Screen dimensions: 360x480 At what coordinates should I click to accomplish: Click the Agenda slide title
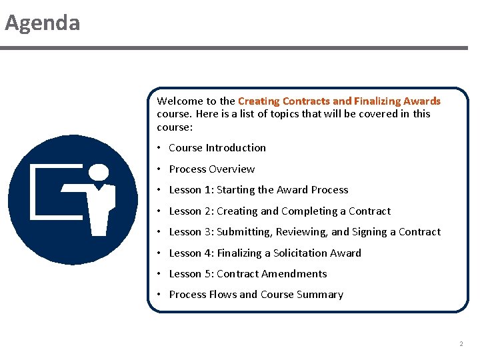click(42, 23)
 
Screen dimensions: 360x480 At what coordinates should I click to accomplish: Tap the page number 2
click(461, 344)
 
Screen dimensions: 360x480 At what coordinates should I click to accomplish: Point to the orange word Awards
click(421, 101)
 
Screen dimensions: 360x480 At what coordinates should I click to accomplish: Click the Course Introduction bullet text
click(217, 148)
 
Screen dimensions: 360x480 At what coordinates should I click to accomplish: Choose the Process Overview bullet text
click(211, 169)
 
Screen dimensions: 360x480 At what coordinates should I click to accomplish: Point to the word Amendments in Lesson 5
click(295, 274)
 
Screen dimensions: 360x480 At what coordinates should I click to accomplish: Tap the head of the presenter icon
click(99, 172)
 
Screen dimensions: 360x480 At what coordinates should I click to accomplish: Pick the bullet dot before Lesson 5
click(160, 274)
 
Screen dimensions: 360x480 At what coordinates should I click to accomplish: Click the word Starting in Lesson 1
click(236, 190)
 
